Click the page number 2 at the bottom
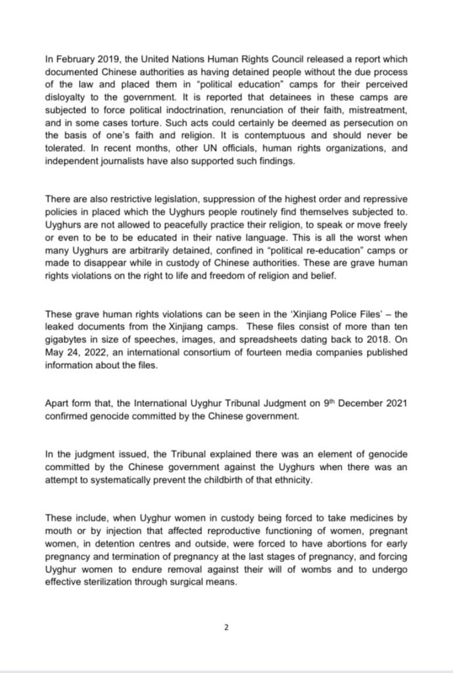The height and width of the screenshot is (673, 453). coord(226,627)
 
